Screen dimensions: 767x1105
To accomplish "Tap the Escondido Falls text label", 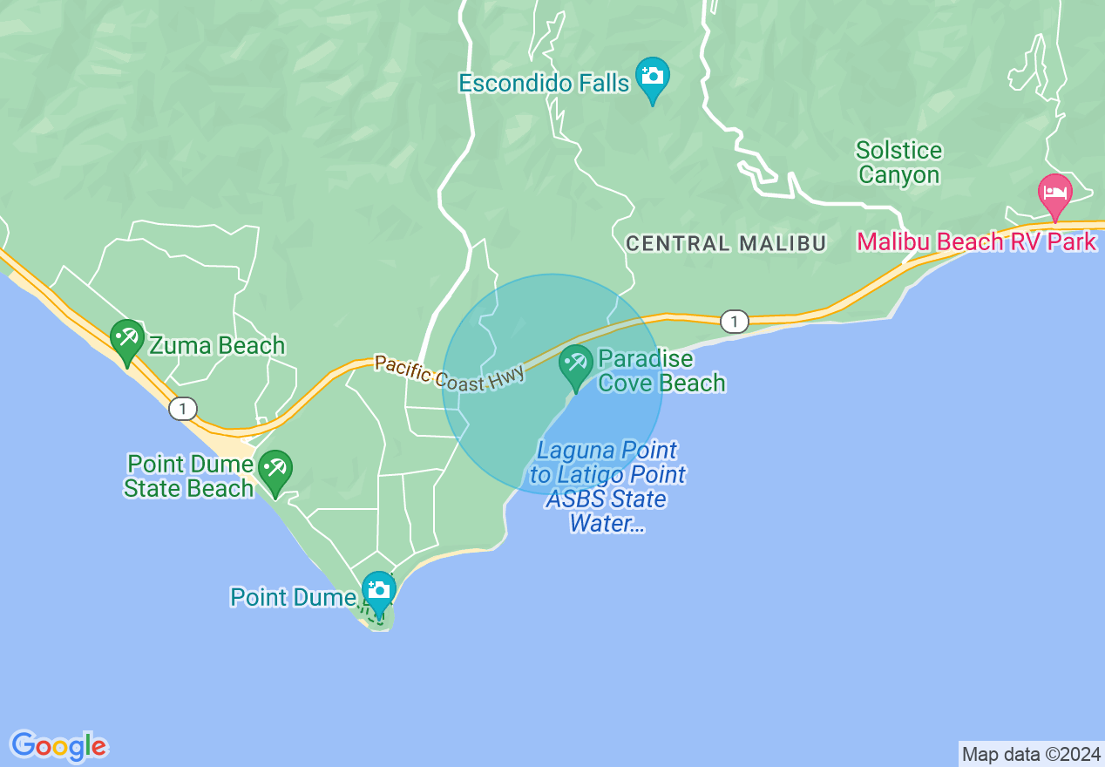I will pyautogui.click(x=544, y=84).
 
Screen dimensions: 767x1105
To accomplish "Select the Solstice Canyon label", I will pyautogui.click(x=899, y=163).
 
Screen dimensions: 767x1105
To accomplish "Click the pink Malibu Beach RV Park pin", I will pyautogui.click(x=1054, y=194).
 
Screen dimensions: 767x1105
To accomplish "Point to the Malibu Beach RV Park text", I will pyautogui.click(x=976, y=241).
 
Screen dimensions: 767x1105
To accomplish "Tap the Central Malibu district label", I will pyautogui.click(x=726, y=244).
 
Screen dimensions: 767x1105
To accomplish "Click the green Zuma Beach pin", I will pyautogui.click(x=127, y=339).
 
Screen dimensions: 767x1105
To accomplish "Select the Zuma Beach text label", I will pyautogui.click(x=217, y=346).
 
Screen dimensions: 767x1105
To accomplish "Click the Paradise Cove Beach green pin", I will pyautogui.click(x=575, y=365).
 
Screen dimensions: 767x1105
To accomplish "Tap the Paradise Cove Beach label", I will pyautogui.click(x=661, y=371).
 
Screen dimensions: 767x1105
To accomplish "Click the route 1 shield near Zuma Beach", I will pyautogui.click(x=183, y=408).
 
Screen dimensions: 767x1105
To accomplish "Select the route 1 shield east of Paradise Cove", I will pyautogui.click(x=735, y=322).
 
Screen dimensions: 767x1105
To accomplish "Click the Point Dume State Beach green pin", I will pyautogui.click(x=276, y=470).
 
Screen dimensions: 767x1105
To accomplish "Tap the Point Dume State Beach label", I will pyautogui.click(x=188, y=476).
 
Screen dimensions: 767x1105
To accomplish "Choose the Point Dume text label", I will pyautogui.click(x=295, y=598).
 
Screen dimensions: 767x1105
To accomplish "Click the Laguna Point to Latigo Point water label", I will pyautogui.click(x=608, y=487).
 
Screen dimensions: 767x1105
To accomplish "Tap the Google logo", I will pyautogui.click(x=59, y=746).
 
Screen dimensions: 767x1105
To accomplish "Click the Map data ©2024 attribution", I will pyautogui.click(x=1030, y=754).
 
